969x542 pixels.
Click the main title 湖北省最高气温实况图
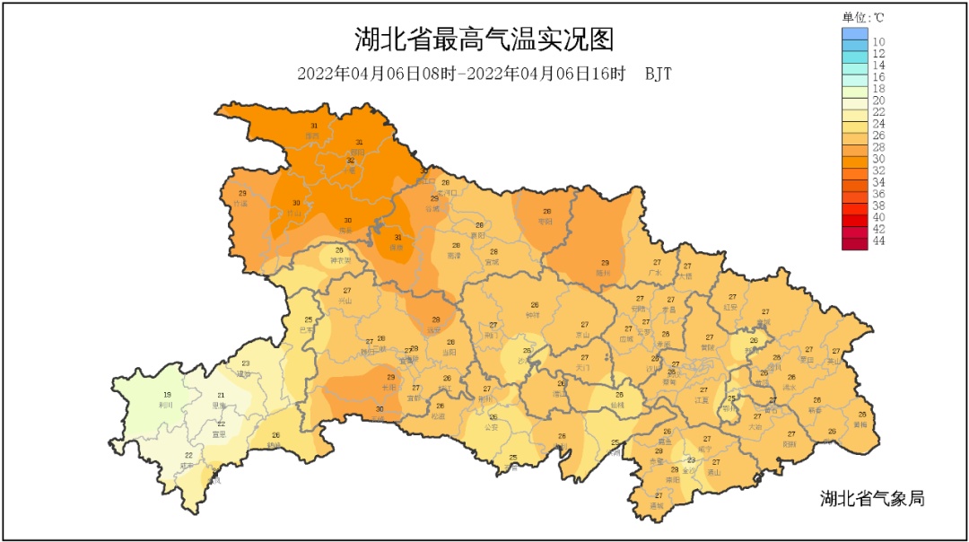(x=484, y=40)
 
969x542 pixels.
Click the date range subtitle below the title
(x=484, y=74)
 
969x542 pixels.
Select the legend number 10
(x=879, y=42)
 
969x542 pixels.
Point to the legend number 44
(x=879, y=241)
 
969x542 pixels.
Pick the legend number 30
(x=879, y=160)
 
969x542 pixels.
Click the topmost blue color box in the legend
(x=855, y=33)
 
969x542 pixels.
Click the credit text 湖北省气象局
(x=871, y=498)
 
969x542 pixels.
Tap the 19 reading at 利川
(x=167, y=395)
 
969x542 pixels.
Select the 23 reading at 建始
(x=245, y=363)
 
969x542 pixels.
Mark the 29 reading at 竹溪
(x=241, y=194)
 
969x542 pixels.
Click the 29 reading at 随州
(x=605, y=263)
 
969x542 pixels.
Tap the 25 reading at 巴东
(x=308, y=320)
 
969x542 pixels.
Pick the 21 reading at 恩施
(x=221, y=395)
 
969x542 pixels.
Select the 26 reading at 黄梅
(x=860, y=414)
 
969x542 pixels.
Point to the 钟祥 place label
(x=535, y=315)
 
